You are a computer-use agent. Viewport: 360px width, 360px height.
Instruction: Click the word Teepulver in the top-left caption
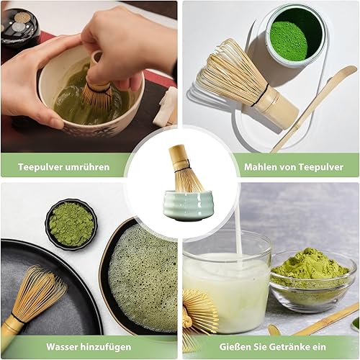tap(40, 167)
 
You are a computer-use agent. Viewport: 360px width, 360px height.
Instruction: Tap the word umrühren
tap(87, 167)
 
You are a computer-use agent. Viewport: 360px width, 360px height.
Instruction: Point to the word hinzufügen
tap(106, 347)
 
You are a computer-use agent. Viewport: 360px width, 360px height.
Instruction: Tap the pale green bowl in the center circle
tap(187, 205)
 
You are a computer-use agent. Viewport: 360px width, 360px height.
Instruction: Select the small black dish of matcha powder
tap(71, 224)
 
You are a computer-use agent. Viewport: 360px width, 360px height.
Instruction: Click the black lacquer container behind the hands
tap(19, 27)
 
